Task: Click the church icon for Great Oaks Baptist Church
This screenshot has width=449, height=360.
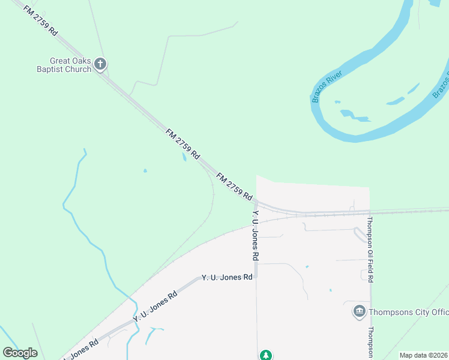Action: tap(100, 62)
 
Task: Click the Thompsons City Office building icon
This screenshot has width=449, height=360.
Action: tap(359, 311)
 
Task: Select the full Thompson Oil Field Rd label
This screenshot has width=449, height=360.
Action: tap(371, 250)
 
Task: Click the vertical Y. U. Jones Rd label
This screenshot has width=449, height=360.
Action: tap(256, 235)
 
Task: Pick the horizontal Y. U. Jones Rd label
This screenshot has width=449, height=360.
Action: tap(227, 277)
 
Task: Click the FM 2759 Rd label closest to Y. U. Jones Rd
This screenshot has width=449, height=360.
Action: tap(234, 186)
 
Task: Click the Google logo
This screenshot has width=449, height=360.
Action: tap(20, 353)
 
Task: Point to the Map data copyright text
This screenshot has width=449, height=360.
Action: tap(423, 355)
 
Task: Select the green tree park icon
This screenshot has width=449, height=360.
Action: tap(265, 355)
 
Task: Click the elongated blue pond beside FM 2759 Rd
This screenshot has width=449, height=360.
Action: tap(183, 157)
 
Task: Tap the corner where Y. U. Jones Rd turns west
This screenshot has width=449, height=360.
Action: tap(256, 277)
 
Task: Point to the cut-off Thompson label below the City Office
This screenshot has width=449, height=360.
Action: tap(371, 343)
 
